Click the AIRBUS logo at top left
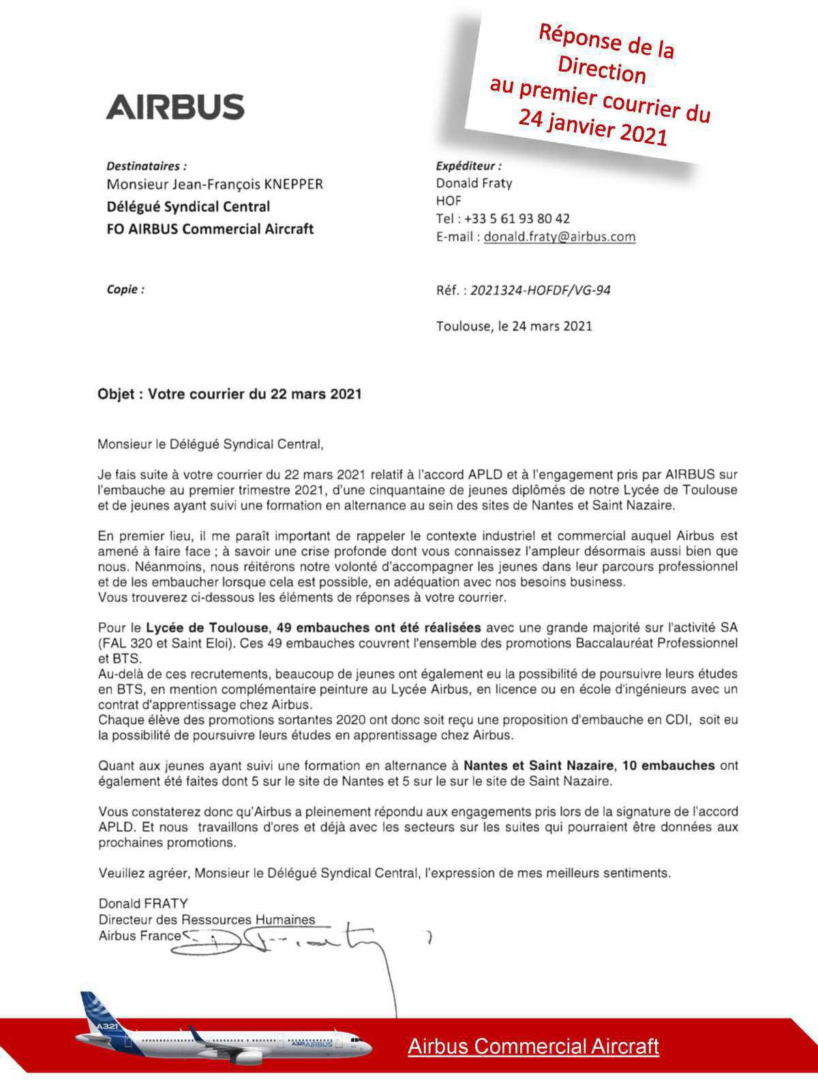(175, 107)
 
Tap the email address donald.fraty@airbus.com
(559, 237)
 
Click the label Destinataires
(146, 166)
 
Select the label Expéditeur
(468, 166)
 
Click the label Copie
(125, 289)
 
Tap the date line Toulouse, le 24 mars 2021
(514, 326)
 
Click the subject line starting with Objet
(229, 394)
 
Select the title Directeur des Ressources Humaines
(207, 920)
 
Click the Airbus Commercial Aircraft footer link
(533, 1046)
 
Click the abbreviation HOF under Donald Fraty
(449, 201)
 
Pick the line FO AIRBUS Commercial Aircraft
(210, 229)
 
